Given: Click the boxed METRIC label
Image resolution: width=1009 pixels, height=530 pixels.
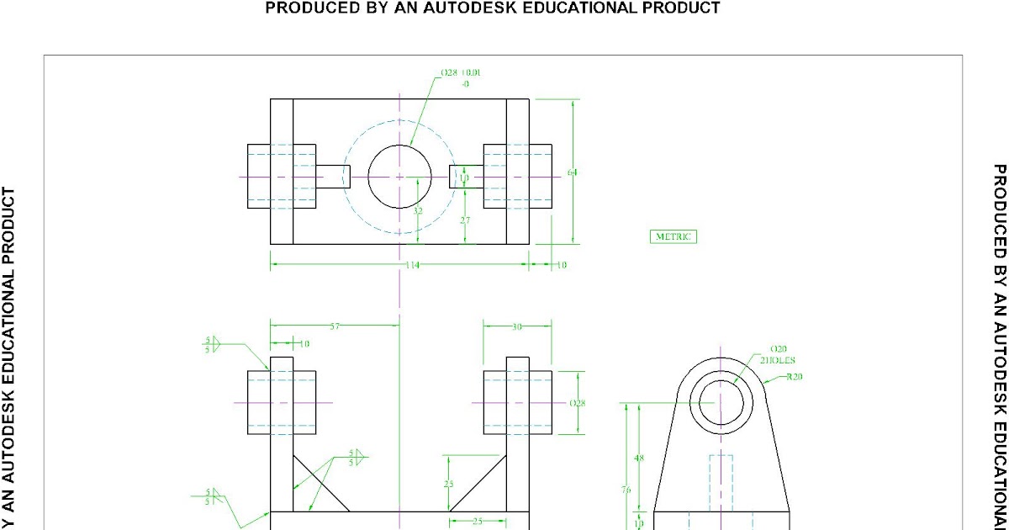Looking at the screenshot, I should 674,236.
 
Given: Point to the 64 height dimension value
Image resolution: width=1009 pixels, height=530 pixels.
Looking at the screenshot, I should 573,172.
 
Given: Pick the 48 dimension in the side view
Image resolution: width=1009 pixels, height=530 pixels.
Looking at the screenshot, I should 638,458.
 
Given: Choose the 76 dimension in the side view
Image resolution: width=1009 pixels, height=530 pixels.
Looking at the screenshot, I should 626,490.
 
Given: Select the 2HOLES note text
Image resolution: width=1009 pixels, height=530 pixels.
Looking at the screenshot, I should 778,360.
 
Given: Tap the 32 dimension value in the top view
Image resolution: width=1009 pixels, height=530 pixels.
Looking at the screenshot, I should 418,210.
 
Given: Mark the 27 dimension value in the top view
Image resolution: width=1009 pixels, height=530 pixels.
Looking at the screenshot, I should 464,219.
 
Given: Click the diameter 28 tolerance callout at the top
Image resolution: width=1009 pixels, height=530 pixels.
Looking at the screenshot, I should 462,77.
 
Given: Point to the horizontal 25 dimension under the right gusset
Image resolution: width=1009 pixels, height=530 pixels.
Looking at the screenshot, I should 477,522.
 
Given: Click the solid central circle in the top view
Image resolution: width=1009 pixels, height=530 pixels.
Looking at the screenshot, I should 399,177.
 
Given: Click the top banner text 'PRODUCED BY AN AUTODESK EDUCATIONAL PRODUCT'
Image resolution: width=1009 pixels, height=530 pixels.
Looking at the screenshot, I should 493,8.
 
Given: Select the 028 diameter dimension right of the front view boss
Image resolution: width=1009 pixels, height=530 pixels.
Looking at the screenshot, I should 578,403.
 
